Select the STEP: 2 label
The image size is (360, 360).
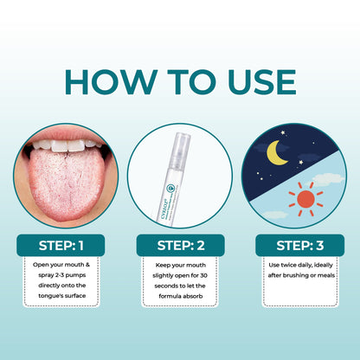[179, 245]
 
